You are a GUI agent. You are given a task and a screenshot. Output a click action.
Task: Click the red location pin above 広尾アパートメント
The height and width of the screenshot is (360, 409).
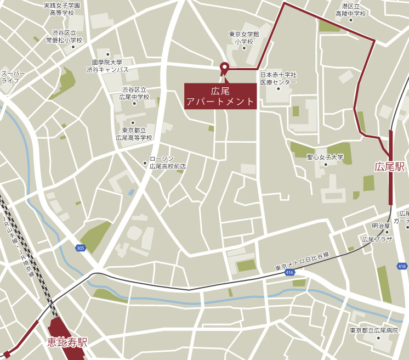(224, 67)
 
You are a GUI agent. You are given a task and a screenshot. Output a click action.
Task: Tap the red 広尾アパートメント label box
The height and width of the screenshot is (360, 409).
(220, 96)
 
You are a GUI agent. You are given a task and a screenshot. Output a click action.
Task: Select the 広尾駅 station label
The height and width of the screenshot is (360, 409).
(390, 166)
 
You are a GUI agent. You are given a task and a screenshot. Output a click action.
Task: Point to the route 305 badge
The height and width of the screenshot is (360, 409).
(81, 248)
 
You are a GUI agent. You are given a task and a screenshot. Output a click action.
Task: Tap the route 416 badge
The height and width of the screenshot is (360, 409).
(289, 272)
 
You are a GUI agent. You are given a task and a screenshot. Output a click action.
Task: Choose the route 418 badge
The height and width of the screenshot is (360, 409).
(402, 267)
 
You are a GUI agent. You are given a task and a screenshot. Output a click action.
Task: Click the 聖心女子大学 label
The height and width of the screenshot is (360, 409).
(325, 157)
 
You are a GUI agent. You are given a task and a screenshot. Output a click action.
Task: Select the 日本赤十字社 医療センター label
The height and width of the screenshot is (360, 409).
(278, 78)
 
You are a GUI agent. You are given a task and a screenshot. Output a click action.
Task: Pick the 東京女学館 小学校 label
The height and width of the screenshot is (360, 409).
(244, 38)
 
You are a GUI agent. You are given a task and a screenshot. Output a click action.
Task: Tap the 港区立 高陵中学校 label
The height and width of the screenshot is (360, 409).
(350, 9)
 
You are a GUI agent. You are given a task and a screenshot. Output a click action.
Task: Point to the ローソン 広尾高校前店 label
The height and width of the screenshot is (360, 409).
(168, 162)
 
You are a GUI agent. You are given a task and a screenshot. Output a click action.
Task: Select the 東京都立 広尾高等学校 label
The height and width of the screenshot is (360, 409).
(134, 134)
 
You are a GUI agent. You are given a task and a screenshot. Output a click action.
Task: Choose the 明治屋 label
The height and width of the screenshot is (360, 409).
(380, 226)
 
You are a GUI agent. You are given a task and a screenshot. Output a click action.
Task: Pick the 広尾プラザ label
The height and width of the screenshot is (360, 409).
(377, 240)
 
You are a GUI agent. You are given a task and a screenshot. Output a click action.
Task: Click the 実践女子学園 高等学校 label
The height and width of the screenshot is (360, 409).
(61, 9)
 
